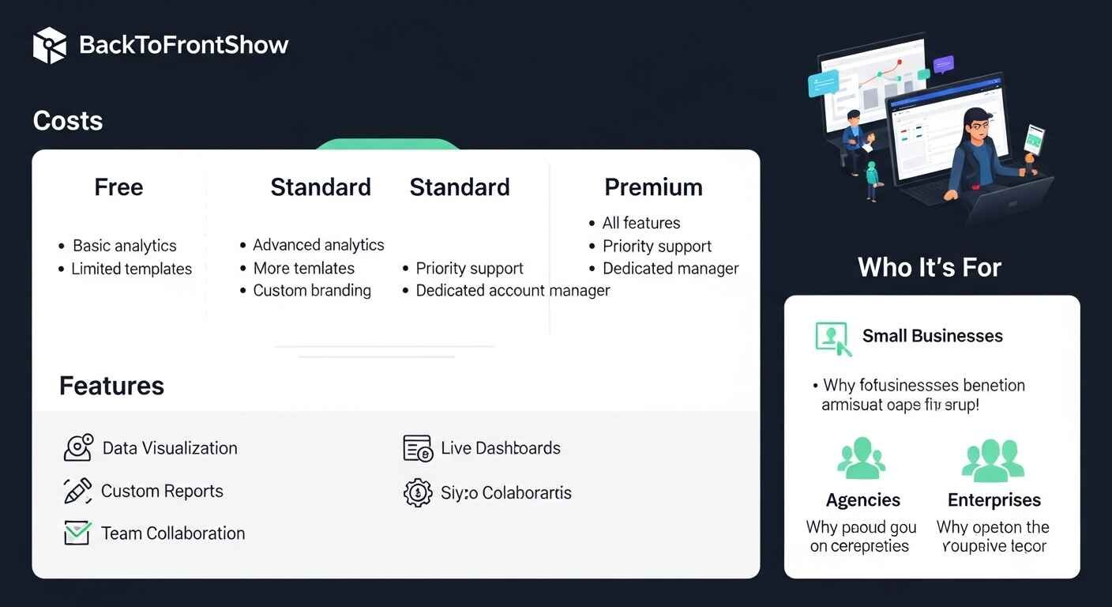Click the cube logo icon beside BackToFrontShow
tap(49, 45)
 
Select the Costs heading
tap(68, 121)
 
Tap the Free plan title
tap(118, 187)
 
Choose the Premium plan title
tap(653, 187)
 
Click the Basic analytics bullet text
tap(124, 246)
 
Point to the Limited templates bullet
tap(131, 269)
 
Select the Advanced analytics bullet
tap(318, 245)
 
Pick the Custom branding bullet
tap(312, 290)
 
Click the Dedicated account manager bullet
tap(513, 290)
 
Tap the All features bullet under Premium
tap(641, 223)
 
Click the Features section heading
tap(111, 386)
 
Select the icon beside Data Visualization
tap(78, 447)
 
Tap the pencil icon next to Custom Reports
tap(77, 491)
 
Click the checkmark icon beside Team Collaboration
tap(77, 533)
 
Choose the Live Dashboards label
tap(500, 448)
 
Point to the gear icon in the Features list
tap(418, 492)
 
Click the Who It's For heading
tap(930, 267)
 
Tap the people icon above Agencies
tap(861, 460)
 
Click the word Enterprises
tap(994, 500)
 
